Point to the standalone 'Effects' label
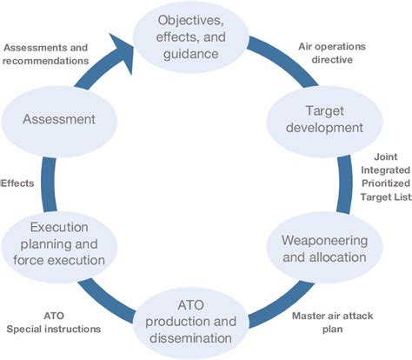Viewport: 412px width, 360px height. coord(18,183)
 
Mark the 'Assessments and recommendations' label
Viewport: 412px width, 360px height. coord(57,54)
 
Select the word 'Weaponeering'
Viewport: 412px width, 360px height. coord(303,238)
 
